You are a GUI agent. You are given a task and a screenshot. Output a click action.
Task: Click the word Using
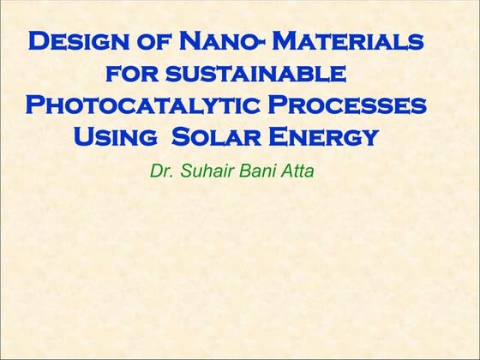point(117,136)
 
